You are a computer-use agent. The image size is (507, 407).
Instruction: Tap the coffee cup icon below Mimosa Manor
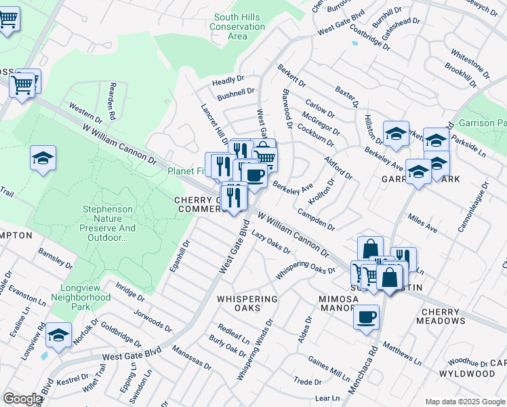click(x=366, y=317)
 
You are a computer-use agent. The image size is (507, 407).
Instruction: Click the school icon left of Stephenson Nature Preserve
click(x=43, y=159)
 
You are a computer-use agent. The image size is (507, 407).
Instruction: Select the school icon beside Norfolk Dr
click(x=58, y=335)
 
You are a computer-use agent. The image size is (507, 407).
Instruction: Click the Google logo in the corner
click(x=22, y=399)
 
